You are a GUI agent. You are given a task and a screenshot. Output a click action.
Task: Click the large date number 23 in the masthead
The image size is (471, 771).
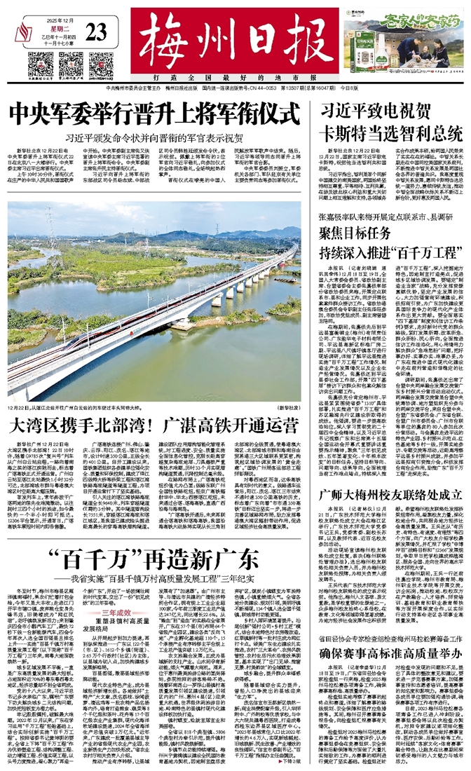(x=97, y=30)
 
